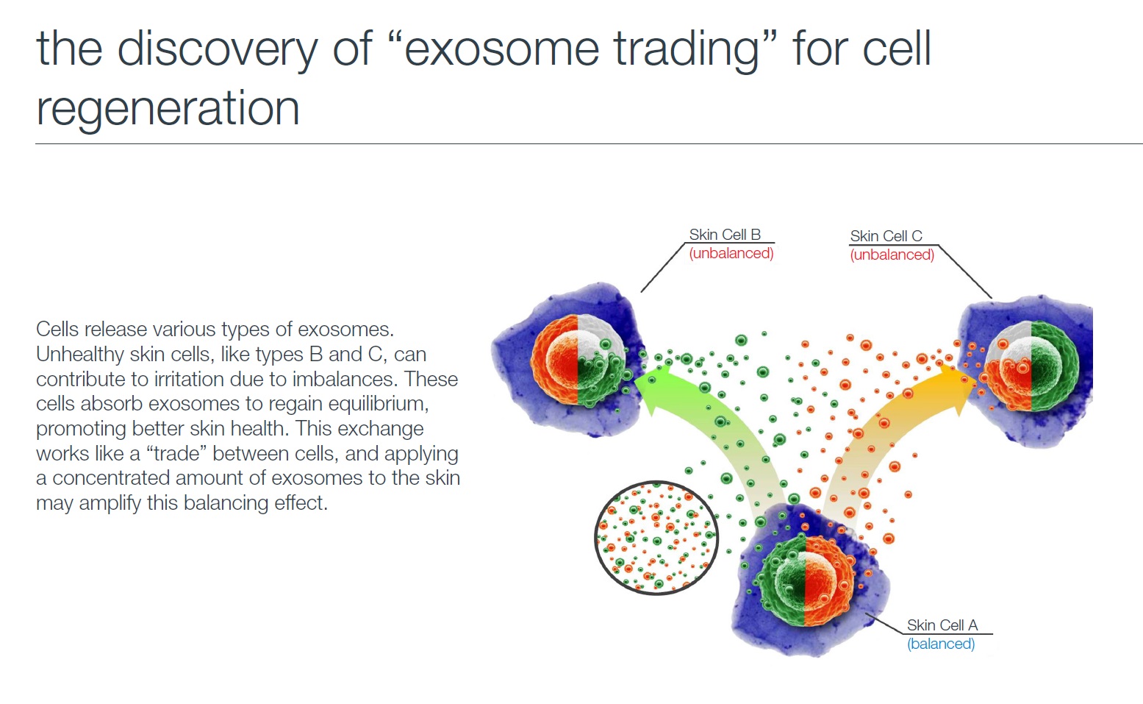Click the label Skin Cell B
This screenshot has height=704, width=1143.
(x=725, y=235)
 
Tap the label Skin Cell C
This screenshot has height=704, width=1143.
(x=886, y=236)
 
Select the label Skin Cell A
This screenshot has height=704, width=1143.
(x=942, y=625)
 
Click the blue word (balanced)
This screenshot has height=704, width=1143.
(x=941, y=644)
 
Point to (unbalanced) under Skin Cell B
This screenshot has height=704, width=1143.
(x=731, y=253)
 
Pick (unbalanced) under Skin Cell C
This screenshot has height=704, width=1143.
(x=892, y=255)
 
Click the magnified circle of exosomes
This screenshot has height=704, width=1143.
(x=656, y=538)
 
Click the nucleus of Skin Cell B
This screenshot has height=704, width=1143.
(x=578, y=360)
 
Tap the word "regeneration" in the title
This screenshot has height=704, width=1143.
(x=168, y=110)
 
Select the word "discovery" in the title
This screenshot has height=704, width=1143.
(x=218, y=50)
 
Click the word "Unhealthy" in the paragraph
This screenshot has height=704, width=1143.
(x=79, y=355)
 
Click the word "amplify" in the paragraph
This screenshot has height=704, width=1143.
(x=110, y=503)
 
